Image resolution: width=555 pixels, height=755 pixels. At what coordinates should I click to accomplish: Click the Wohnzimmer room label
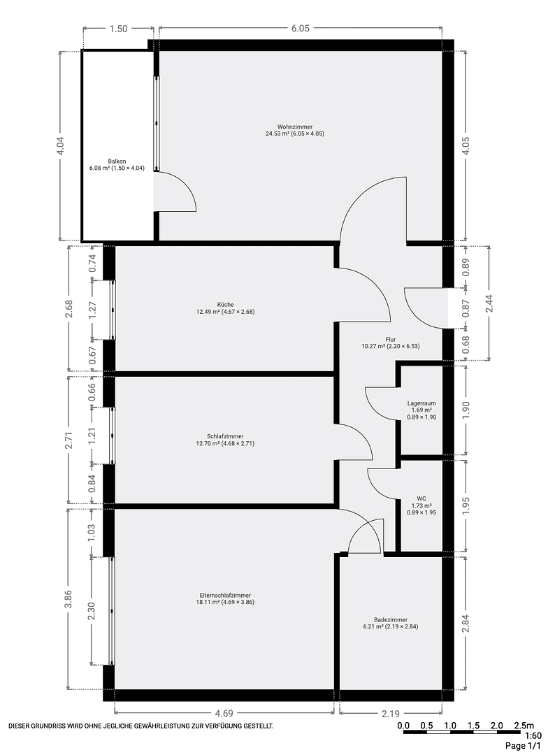294,127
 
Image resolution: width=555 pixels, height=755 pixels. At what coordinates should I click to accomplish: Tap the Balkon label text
117,161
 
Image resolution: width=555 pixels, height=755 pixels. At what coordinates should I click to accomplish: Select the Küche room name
225,304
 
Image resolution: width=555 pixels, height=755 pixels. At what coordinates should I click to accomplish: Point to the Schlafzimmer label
225,436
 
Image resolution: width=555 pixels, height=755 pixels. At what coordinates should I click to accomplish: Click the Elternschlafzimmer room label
225,595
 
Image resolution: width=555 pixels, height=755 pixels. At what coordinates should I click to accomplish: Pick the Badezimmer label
390,619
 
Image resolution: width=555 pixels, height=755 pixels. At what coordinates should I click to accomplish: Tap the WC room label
421,499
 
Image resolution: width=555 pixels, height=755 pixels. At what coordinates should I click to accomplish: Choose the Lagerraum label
421,403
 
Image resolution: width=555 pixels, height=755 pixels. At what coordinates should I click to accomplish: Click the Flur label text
390,339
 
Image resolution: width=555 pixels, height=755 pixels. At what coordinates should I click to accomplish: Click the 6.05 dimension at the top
301,29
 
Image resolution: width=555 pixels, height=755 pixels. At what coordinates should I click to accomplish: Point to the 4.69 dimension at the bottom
224,714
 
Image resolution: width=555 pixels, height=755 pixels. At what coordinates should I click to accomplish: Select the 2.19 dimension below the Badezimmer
390,714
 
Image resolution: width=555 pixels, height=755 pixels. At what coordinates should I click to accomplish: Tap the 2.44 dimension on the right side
489,303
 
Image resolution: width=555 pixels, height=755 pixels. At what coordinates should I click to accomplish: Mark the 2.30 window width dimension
92,611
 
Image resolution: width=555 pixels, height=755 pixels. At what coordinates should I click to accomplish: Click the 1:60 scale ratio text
533,735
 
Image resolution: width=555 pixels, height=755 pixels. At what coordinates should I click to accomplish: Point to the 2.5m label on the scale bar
524,726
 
